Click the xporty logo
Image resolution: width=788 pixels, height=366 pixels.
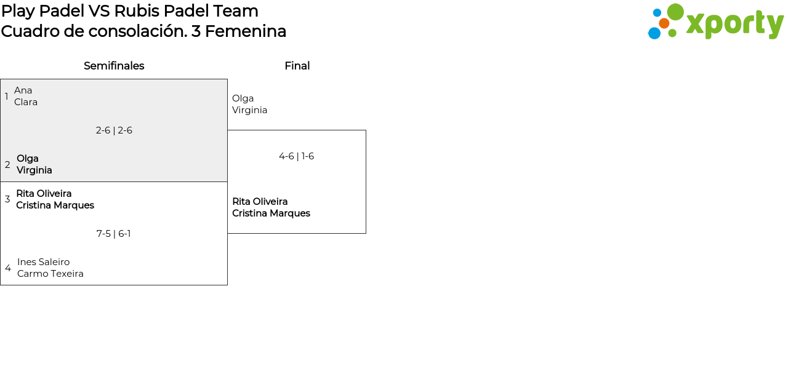(715, 22)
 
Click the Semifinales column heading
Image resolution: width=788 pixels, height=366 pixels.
(114, 66)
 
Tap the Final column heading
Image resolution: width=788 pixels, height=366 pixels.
(297, 66)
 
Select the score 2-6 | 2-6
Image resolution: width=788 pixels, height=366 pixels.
(114, 130)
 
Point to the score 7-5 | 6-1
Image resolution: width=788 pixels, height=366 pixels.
(114, 234)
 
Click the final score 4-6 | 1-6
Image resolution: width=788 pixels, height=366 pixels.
(297, 156)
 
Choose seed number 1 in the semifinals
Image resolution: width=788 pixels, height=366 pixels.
(6, 96)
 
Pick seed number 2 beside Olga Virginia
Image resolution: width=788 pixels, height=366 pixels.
(7, 164)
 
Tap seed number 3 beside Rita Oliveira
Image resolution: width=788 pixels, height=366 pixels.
(7, 199)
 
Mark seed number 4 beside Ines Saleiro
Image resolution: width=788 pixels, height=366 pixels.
(8, 268)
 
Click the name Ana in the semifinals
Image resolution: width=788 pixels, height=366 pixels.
(23, 90)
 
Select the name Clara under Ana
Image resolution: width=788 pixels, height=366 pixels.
(26, 102)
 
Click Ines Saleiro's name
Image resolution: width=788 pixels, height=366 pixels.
(44, 262)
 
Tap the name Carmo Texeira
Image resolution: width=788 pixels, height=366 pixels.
(50, 274)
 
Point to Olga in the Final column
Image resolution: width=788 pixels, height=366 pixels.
(243, 98)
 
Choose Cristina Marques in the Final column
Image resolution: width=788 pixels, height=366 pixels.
(271, 213)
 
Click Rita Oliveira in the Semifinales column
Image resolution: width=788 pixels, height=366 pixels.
(44, 193)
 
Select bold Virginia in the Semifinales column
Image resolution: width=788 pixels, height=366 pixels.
(34, 170)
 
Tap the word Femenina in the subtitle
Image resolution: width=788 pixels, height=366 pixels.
(246, 31)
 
